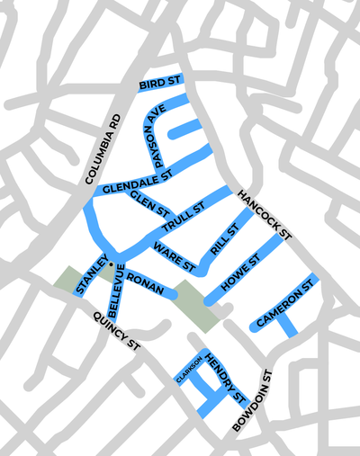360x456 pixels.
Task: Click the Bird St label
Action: tap(160, 84)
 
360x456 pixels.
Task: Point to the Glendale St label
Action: tap(135, 183)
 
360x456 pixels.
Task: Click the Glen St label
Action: tap(150, 203)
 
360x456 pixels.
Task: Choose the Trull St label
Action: tap(185, 217)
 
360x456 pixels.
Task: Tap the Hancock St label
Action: tap(265, 215)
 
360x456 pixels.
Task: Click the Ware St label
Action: tap(174, 255)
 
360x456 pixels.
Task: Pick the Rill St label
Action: tap(224, 240)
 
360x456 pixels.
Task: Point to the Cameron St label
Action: tap(289, 303)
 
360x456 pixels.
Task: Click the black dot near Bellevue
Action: tap(110, 264)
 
